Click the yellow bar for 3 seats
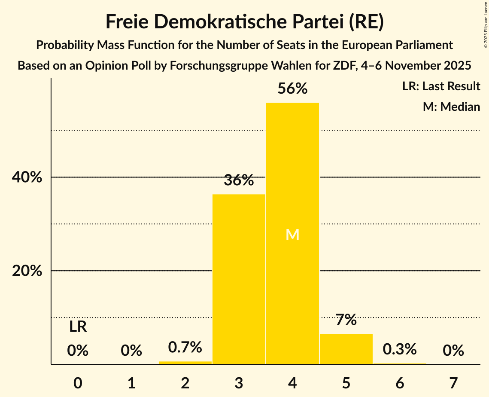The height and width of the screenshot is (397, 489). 239,279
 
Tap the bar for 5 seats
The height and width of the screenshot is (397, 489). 346,349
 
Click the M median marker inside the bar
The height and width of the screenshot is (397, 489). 292,235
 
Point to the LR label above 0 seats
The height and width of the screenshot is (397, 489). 78,327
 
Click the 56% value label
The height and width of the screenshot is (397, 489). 292,89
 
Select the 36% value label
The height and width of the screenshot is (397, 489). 239,180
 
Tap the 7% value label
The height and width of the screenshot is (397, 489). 346,320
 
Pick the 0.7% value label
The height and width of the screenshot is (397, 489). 185,347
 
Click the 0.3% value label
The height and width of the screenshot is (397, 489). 400,349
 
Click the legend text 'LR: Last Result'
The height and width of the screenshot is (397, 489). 441,86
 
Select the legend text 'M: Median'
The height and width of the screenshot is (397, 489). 451,107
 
